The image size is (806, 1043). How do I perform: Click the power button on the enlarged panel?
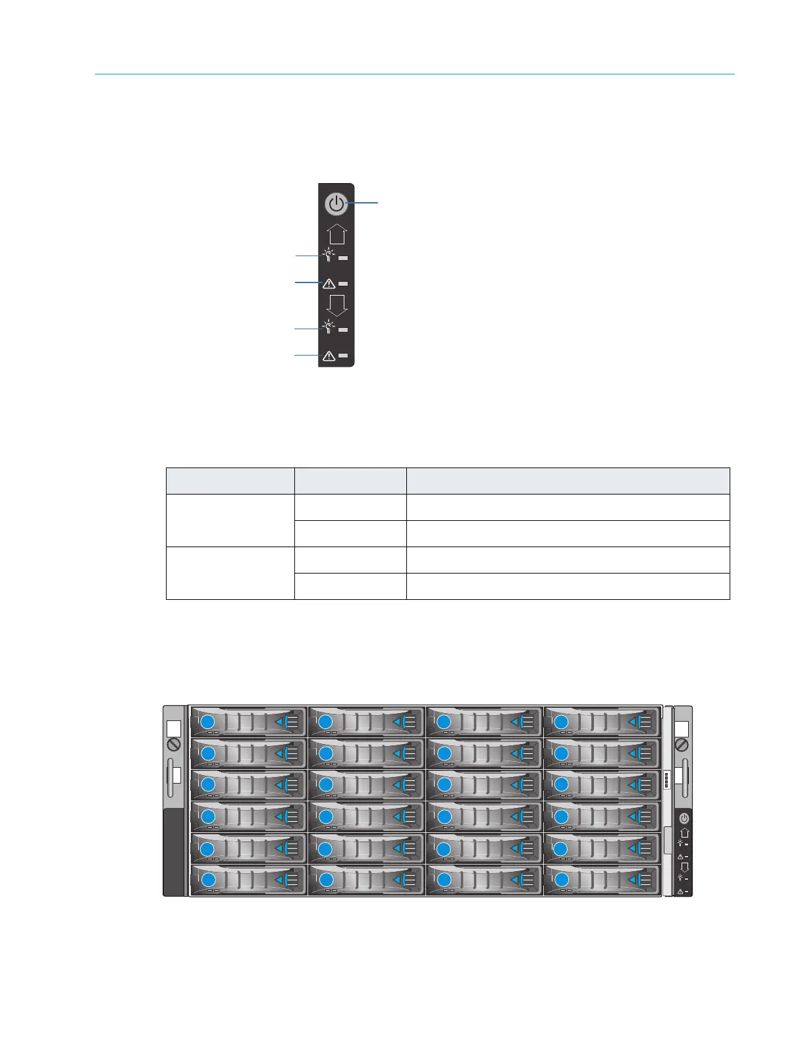[336, 204]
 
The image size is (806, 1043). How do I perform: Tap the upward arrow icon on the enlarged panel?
[336, 234]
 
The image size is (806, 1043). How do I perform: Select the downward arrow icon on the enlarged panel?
[336, 305]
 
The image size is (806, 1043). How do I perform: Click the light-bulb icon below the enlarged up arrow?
[329, 255]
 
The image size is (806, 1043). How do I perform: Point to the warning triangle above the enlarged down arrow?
[329, 284]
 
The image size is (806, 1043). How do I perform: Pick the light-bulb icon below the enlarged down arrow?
[329, 327]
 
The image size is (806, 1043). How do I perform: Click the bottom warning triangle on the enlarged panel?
[329, 356]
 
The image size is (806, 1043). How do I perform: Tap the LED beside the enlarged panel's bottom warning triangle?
[343, 356]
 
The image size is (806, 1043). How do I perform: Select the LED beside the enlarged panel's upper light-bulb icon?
[343, 257]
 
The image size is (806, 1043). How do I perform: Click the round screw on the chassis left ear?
[174, 744]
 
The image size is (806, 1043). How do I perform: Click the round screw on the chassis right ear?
[682, 744]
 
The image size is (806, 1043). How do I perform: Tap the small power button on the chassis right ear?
[684, 818]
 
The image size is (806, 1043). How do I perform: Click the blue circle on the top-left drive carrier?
[207, 721]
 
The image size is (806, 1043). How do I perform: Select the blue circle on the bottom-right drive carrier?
[561, 880]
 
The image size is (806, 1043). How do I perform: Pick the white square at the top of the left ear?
[174, 728]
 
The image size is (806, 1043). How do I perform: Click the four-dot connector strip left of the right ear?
[667, 780]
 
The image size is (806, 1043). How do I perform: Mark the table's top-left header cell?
[230, 481]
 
